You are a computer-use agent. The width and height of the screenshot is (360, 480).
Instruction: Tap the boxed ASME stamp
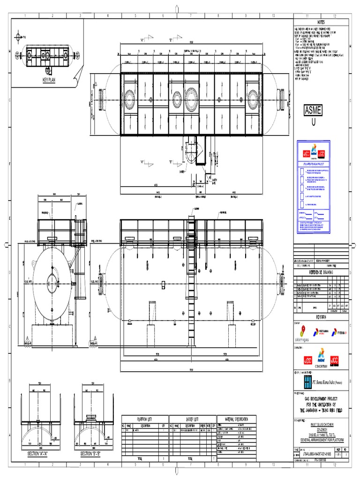[313, 111]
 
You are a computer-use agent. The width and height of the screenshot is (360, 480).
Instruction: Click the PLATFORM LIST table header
[145, 418]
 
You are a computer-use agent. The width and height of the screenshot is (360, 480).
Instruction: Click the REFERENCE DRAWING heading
[321, 272]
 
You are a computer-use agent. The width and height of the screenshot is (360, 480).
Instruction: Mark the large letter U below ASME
[313, 121]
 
